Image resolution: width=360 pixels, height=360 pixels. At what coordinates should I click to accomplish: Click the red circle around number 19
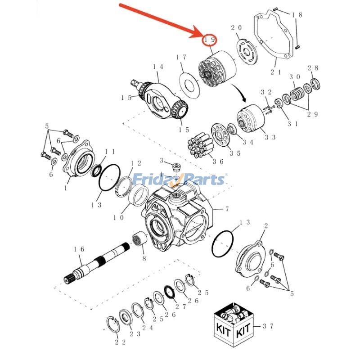(x=210, y=40)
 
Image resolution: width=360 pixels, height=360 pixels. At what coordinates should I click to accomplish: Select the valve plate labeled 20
(x=245, y=50)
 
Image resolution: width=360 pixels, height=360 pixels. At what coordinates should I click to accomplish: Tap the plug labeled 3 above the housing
(x=176, y=168)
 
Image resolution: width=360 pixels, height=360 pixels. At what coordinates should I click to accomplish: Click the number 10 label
(x=118, y=217)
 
